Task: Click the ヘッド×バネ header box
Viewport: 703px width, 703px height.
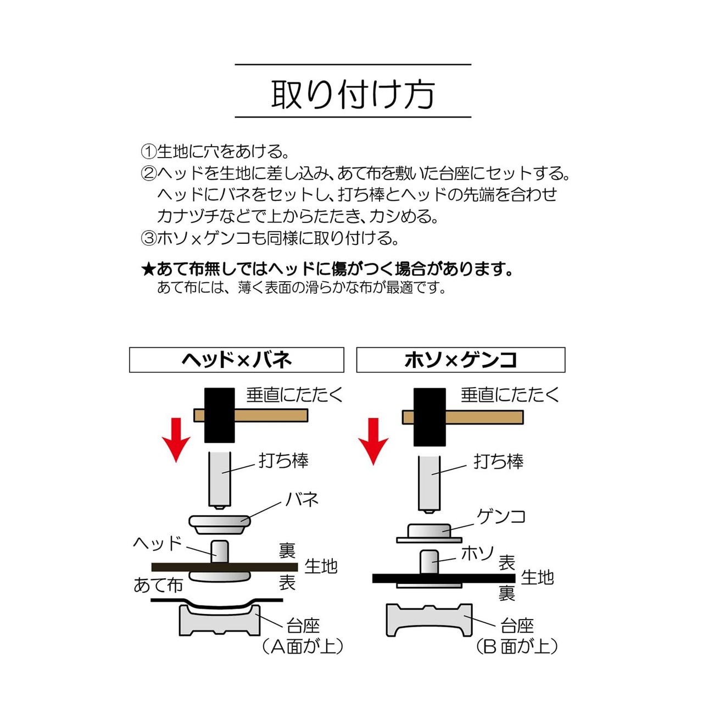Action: tap(236, 360)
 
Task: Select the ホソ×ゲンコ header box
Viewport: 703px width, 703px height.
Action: tap(460, 360)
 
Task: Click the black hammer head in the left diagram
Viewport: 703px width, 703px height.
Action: tap(219, 415)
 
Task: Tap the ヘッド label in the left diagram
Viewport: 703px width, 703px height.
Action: tap(157, 543)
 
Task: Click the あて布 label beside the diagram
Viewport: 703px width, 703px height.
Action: tap(158, 585)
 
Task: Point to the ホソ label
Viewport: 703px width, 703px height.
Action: tap(478, 553)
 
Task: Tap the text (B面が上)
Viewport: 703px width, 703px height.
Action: tap(517, 646)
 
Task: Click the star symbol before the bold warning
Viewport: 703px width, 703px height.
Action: tap(148, 269)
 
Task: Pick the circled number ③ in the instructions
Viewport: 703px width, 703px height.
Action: tap(148, 238)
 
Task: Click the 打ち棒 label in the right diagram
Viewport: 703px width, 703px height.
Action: tap(498, 461)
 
